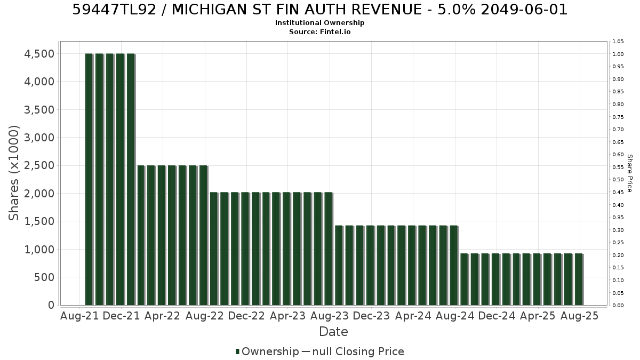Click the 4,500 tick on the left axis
click(x=39, y=54)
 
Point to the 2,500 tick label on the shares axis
click(x=39, y=165)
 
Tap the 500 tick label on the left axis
click(x=44, y=277)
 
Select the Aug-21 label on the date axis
click(x=79, y=316)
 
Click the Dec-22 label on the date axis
click(x=246, y=316)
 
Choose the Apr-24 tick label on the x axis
click(x=413, y=316)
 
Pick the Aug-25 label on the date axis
click(x=579, y=316)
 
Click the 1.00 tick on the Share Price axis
click(x=618, y=54)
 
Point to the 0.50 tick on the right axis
click(x=618, y=180)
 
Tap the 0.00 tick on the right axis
click(x=618, y=306)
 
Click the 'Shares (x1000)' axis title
click(x=13, y=173)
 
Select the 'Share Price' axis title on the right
click(x=630, y=173)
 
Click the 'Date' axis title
click(x=333, y=332)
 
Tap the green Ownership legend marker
click(x=237, y=351)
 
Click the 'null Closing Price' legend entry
click(x=358, y=351)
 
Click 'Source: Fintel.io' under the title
click(x=319, y=31)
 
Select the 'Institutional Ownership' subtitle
click(x=319, y=23)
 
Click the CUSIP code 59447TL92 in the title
click(x=114, y=10)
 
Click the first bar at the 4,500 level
click(x=89, y=179)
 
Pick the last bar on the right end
click(x=579, y=279)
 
